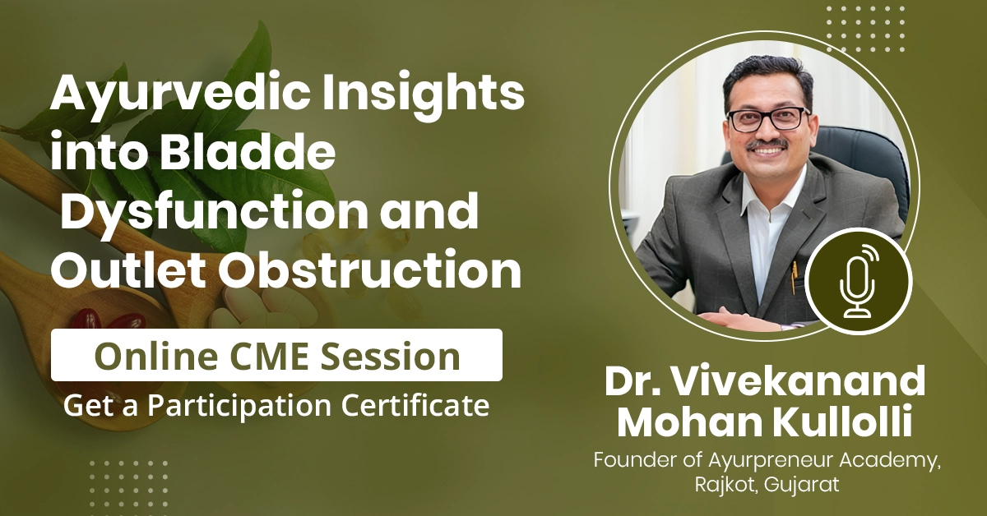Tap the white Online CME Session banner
point(276,356)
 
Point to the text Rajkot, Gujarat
point(765,485)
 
